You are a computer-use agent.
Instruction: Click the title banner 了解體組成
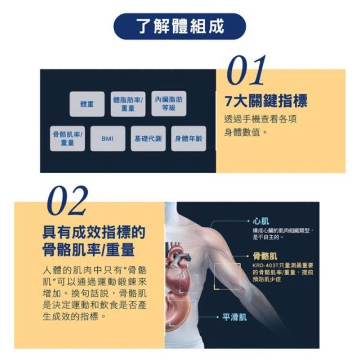tap(180, 27)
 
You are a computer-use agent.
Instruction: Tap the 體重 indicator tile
tap(87, 104)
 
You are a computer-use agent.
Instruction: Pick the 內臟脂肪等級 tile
tap(169, 103)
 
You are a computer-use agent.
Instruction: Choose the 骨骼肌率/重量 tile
tap(67, 139)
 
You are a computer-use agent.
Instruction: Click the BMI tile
tap(108, 139)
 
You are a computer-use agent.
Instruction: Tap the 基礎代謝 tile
tap(148, 139)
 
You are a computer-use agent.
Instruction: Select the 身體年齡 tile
tap(189, 139)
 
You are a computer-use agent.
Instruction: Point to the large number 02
tap(67, 201)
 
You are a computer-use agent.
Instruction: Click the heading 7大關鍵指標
tap(265, 101)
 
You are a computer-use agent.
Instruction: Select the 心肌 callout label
tap(261, 221)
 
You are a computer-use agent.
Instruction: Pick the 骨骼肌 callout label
tap(265, 256)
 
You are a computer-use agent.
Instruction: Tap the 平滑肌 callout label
tap(235, 317)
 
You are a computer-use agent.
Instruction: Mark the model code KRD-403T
tap(265, 265)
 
